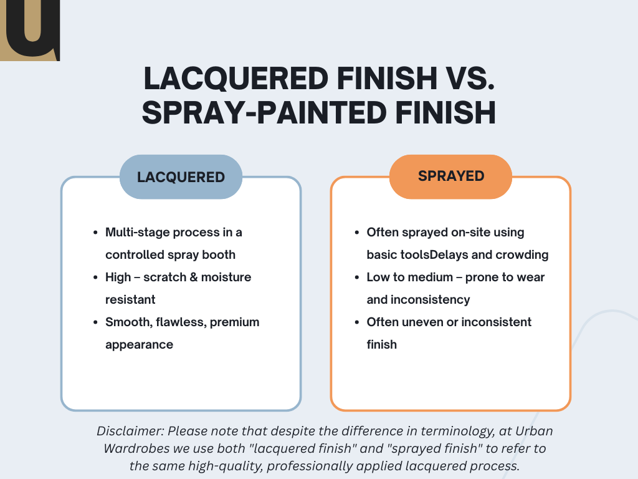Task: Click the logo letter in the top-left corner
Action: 31,29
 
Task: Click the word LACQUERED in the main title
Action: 236,79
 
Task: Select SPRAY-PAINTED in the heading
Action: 264,112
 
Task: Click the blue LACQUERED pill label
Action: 181,177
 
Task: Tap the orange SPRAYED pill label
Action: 451,177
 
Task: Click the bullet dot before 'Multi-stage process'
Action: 95,233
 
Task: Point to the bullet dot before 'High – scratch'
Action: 95,278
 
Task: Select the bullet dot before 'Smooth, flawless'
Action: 95,322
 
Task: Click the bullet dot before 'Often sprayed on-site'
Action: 357,233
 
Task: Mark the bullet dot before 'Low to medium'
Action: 357,278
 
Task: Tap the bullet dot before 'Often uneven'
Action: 357,322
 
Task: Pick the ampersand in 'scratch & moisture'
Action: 194,277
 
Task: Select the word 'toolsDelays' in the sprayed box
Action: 434,254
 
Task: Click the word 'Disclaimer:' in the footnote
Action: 130,431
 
